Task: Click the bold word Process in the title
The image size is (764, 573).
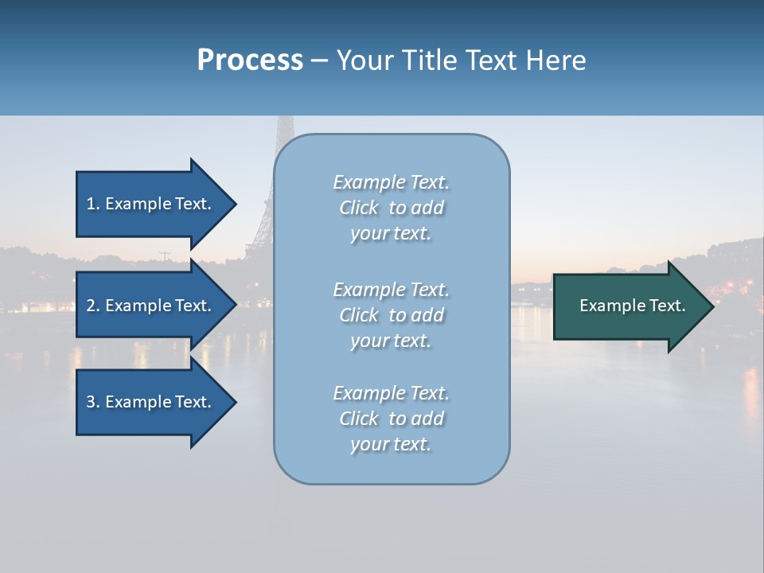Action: click(250, 60)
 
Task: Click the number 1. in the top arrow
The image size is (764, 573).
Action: click(93, 204)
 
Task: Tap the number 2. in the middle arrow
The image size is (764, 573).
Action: click(93, 306)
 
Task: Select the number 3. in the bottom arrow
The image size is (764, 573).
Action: click(93, 402)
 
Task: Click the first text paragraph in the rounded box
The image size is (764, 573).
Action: click(391, 208)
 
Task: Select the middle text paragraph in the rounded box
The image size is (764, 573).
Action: click(391, 314)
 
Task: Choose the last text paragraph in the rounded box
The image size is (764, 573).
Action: click(391, 419)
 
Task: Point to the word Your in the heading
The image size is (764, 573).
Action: click(365, 60)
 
